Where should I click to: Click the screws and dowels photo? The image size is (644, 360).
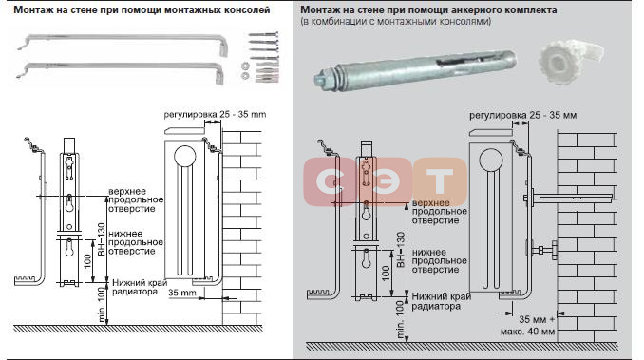click(262, 57)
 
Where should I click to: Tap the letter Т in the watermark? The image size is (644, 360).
click(439, 181)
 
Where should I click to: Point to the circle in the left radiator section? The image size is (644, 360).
click(185, 157)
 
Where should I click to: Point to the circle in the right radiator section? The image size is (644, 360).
click(491, 161)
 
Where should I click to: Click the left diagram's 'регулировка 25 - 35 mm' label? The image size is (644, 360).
click(215, 114)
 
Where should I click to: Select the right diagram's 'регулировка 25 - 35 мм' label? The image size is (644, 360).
click(522, 115)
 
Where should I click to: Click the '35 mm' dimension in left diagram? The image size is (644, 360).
click(182, 294)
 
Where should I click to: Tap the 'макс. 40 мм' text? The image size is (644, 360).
click(527, 332)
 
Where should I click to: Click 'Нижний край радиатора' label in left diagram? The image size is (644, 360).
click(140, 288)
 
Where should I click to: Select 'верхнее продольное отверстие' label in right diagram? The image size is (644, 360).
click(440, 212)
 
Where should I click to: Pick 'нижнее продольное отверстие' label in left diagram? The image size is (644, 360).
click(136, 242)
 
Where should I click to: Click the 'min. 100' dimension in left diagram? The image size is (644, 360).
click(102, 306)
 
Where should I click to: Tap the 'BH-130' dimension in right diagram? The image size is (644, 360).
click(401, 250)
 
